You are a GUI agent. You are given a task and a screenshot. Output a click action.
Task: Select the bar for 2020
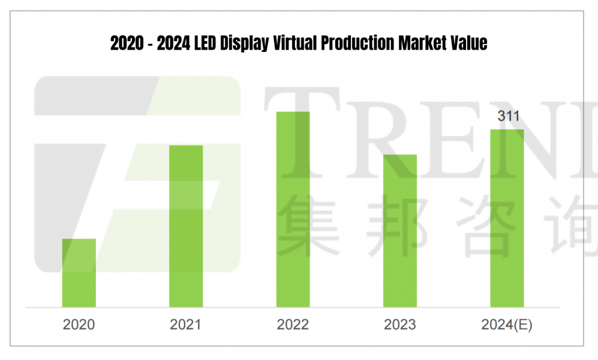[x=79, y=273]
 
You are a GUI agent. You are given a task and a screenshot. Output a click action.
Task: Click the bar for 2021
[x=186, y=226]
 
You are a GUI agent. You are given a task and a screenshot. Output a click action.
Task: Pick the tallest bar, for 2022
[x=293, y=209]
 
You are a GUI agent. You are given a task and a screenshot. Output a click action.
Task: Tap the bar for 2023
[x=400, y=231]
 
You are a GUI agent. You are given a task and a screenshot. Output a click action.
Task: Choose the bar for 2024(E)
[x=507, y=218]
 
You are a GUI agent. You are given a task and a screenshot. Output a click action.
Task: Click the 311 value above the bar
[x=508, y=116]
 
